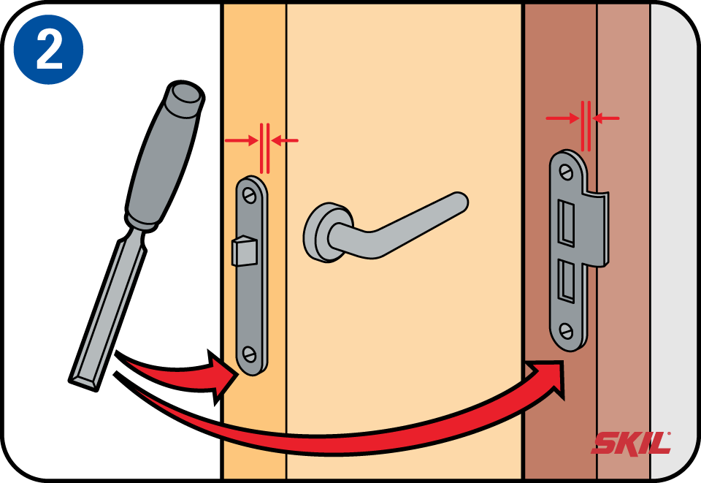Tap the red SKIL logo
(x=631, y=443)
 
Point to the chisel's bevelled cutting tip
(x=85, y=384)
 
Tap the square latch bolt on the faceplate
(x=244, y=251)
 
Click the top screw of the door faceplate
(x=248, y=195)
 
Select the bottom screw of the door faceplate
(x=249, y=354)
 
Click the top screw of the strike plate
(x=567, y=172)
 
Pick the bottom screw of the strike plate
(x=567, y=332)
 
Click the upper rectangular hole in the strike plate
(x=566, y=223)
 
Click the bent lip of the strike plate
(x=597, y=228)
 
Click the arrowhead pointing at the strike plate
(x=548, y=376)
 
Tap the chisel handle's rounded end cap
(x=185, y=96)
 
